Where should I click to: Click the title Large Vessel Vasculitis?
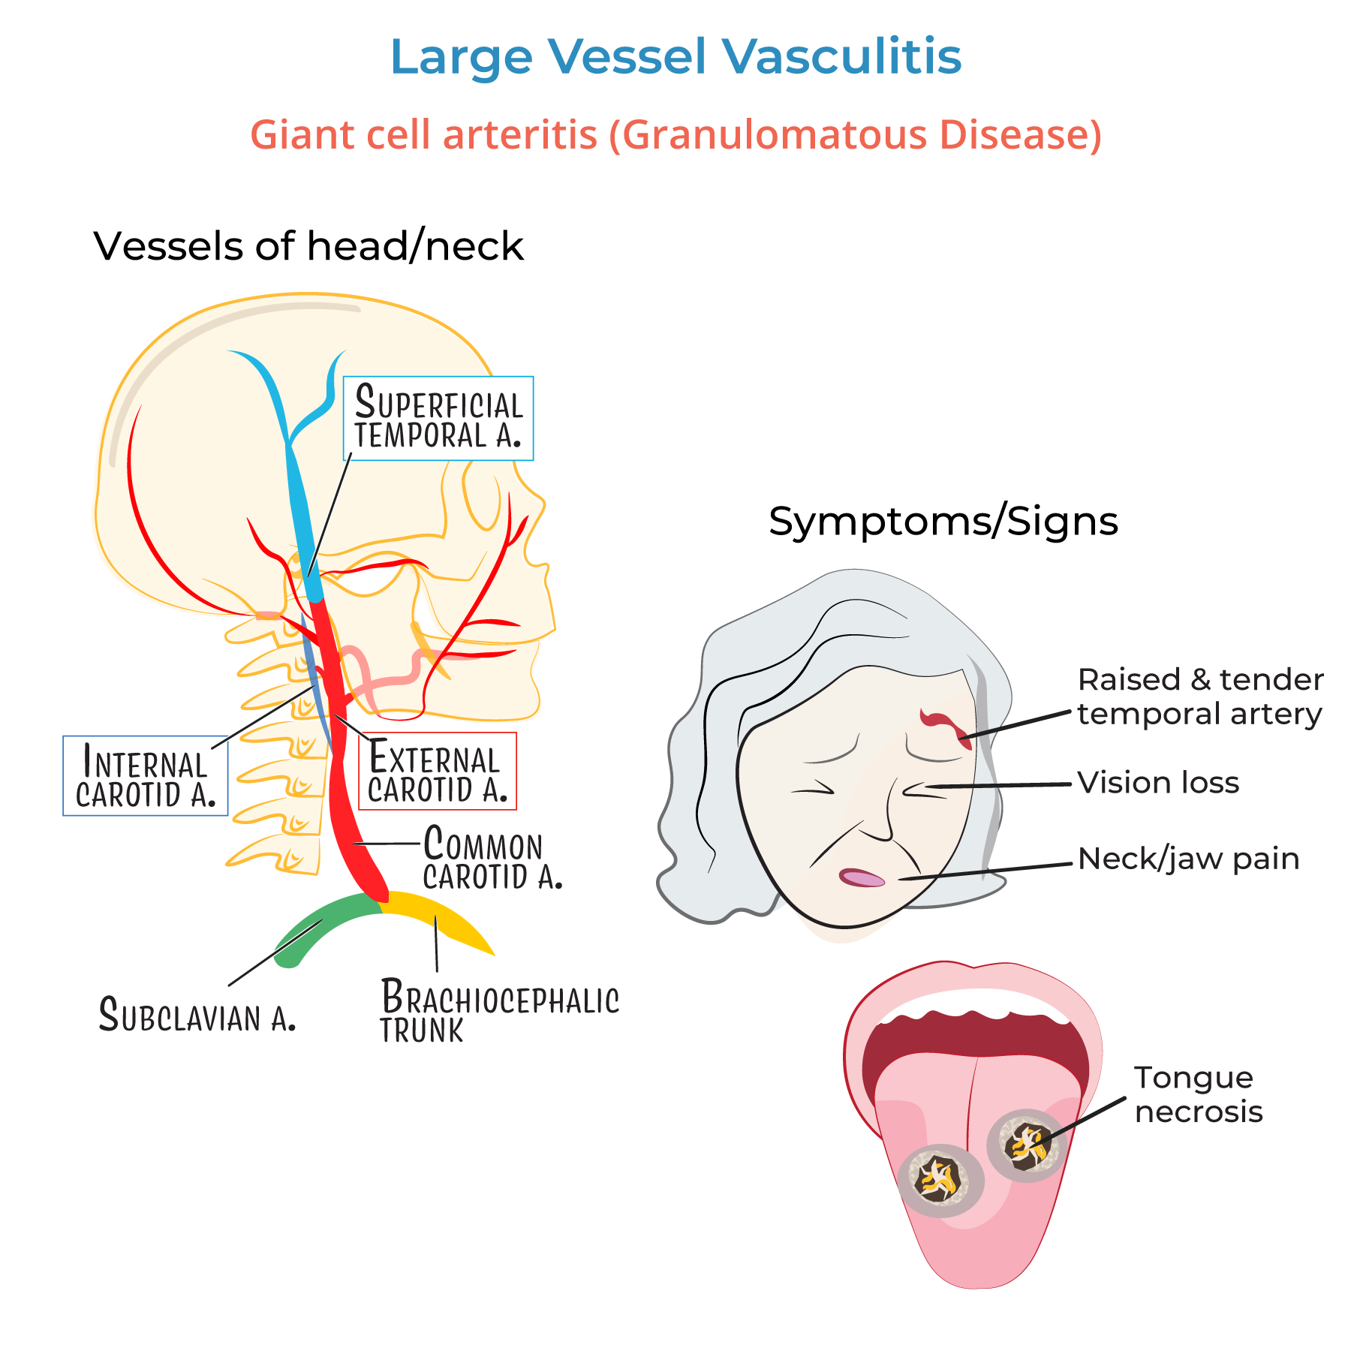[675, 57]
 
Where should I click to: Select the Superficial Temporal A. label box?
[438, 418]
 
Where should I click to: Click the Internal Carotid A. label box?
[145, 776]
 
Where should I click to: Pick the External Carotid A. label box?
[438, 772]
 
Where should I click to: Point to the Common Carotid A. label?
[492, 857]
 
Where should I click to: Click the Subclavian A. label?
[197, 1015]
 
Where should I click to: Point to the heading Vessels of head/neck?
[308, 246]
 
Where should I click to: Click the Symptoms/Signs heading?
[943, 521]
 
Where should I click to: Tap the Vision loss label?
[1158, 783]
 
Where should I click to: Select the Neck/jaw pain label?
[1188, 859]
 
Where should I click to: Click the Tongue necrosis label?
[1198, 1094]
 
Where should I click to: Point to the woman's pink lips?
[862, 877]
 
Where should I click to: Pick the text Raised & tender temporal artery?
[1199, 697]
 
